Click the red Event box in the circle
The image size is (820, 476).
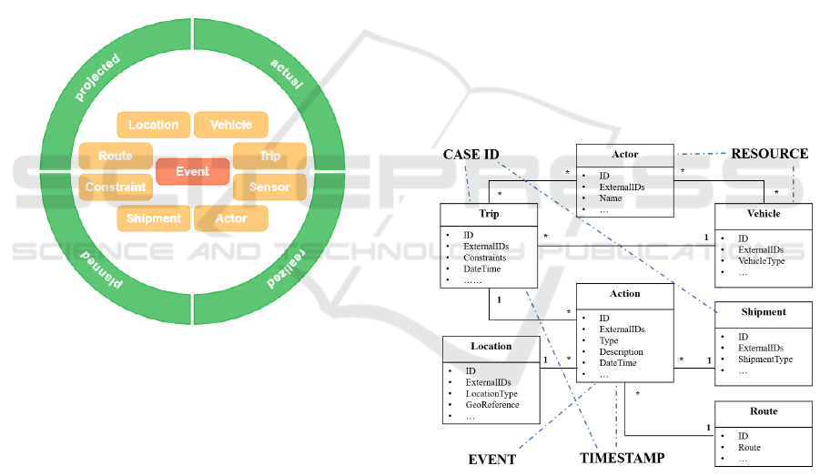coord(192,171)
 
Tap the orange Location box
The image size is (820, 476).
coord(153,125)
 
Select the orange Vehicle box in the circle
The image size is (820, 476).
coord(231,125)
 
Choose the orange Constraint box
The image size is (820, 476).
coord(116,187)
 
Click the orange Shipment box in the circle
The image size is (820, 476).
coord(153,218)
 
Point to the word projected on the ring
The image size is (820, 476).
coord(98,76)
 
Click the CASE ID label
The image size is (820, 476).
coord(471,155)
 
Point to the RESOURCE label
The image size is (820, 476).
coord(769,154)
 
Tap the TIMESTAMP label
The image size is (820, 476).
coord(622,458)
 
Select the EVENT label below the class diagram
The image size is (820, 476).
coord(491,459)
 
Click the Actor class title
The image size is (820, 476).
coord(624,154)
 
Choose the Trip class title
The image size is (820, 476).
coord(489,214)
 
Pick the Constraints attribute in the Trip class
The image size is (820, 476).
coord(486,258)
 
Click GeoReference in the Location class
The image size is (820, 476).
coord(492,405)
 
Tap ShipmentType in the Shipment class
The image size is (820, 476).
coord(765,360)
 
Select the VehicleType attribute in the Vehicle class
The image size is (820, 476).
coord(761,260)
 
